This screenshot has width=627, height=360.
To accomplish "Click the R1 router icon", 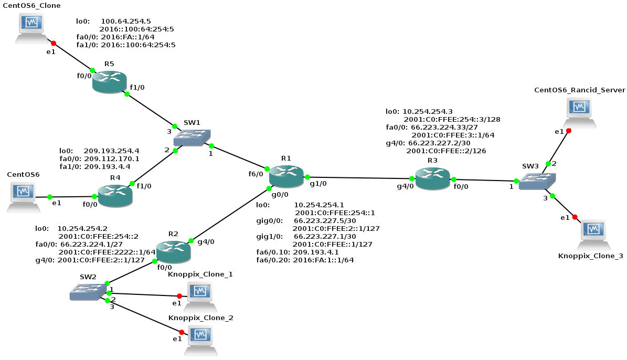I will [286, 175].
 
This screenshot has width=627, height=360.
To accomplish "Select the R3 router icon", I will [432, 178].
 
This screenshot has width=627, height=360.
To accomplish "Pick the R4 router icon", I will [115, 195].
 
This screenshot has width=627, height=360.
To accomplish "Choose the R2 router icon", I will [173, 251].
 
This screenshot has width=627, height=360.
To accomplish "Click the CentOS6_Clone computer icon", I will [31, 27].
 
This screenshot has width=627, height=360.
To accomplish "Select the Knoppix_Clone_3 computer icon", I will [593, 234].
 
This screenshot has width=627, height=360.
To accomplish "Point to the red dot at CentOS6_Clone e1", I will [53, 43].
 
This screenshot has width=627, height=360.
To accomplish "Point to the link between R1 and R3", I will [362, 178].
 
